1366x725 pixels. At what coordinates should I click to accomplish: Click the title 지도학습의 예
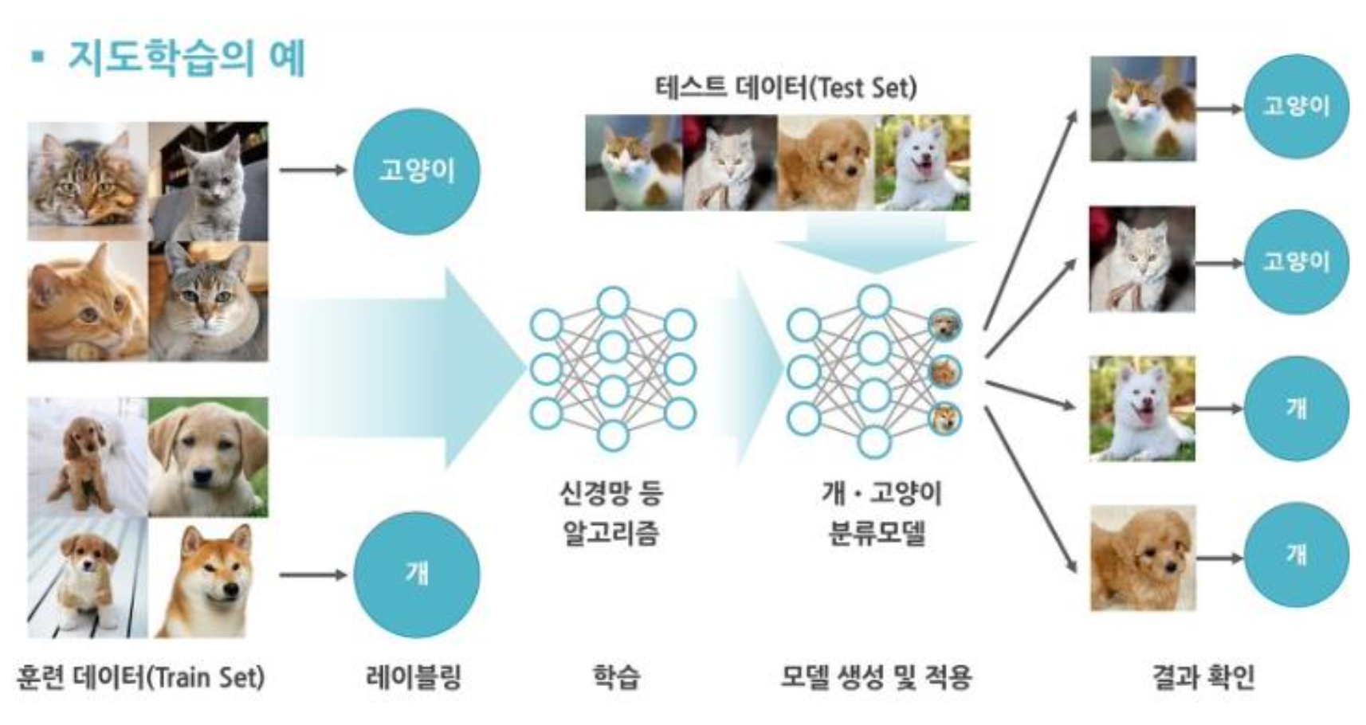(186, 58)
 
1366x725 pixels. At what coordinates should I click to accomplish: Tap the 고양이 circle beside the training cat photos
(416, 170)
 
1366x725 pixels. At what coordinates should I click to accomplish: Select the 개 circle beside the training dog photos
(416, 574)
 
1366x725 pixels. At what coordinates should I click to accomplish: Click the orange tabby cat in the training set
(87, 302)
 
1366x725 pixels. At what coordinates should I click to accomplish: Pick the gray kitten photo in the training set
(209, 182)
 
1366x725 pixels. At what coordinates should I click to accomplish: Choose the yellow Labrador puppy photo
(209, 457)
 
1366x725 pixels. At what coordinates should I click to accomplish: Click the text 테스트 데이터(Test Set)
(786, 86)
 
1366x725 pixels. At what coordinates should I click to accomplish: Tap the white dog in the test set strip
(923, 163)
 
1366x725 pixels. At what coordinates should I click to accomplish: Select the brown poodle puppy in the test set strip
(826, 163)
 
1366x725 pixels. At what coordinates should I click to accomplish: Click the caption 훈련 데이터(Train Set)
(140, 677)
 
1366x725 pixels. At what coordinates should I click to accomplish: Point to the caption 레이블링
(414, 677)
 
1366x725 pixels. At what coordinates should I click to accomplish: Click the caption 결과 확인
(1203, 677)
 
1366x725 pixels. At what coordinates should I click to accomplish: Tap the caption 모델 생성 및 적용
(876, 677)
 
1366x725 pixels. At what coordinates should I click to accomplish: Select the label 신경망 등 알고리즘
(611, 512)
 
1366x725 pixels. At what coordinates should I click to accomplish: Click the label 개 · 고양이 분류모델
(881, 512)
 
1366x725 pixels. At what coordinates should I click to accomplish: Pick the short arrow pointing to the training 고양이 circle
(312, 170)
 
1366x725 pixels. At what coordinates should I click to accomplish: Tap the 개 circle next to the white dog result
(1296, 409)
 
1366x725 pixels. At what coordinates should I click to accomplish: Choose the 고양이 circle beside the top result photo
(1296, 107)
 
